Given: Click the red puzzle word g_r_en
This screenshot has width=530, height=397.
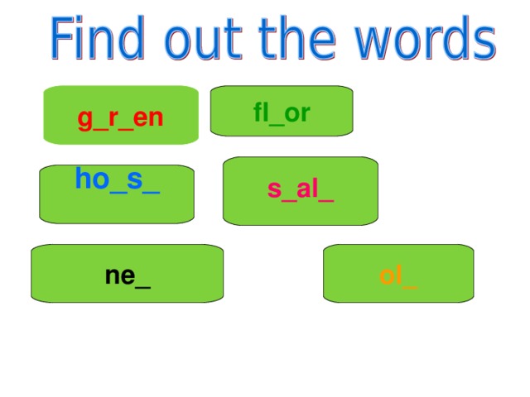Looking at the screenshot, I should tap(120, 119).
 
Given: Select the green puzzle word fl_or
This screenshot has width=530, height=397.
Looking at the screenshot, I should tap(282, 113).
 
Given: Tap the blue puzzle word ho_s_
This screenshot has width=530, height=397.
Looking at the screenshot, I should tap(117, 179).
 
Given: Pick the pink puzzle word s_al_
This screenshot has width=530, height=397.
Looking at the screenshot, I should tap(300, 190).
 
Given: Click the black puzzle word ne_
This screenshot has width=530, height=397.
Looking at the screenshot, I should tap(128, 276).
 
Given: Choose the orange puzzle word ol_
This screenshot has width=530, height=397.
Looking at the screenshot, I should tap(398, 276).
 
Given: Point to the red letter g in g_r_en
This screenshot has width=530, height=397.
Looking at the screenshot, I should tap(84, 121).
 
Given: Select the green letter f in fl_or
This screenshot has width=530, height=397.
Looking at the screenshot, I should tap(258, 112).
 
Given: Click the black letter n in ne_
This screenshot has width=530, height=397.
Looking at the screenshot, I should tap(113, 276).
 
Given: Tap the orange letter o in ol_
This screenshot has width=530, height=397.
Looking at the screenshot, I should tap(386, 276).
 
